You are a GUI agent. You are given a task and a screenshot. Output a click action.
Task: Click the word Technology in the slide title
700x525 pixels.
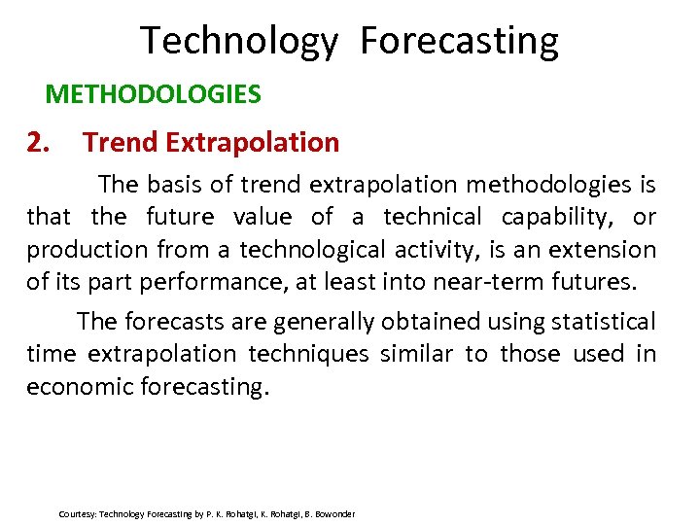[239, 42]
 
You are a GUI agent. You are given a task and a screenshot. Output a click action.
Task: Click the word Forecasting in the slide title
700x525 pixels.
[459, 42]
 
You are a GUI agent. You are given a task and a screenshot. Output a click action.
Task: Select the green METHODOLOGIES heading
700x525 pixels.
[153, 94]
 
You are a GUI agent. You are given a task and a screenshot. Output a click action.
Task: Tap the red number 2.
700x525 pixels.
[37, 143]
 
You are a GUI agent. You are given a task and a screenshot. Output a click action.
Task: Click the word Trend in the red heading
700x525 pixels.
[121, 143]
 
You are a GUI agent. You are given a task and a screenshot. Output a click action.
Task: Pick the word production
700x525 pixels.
[84, 250]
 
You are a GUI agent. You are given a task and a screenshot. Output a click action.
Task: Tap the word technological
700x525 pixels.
[309, 250]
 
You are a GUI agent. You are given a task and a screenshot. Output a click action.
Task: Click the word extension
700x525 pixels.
[603, 250]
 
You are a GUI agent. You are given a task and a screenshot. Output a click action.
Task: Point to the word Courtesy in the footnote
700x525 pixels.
[77, 513]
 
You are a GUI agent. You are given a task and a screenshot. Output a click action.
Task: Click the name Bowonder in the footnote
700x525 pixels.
[332, 513]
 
